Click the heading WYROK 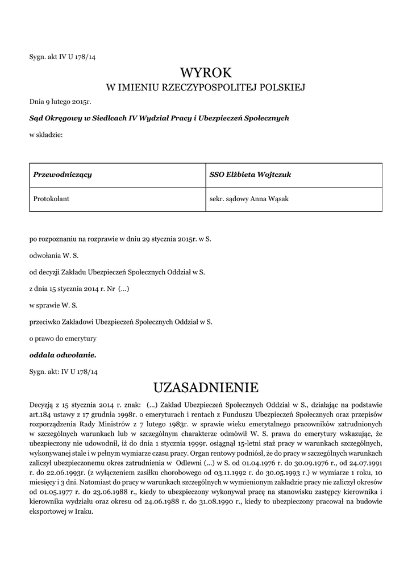click(206, 73)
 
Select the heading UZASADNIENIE click(206, 388)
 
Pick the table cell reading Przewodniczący click(63, 174)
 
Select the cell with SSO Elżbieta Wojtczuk click(251, 174)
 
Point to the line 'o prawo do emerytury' click(63, 338)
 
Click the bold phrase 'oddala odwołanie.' click(63, 355)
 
